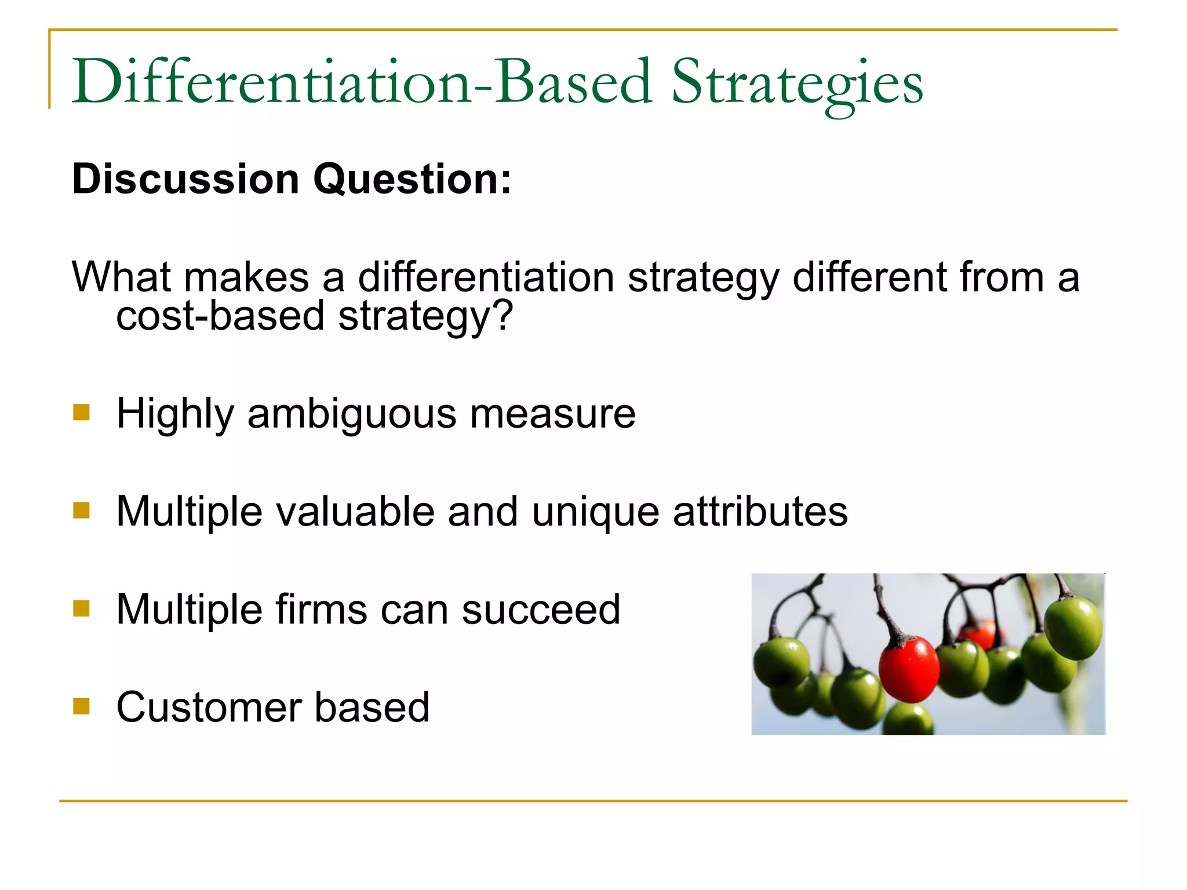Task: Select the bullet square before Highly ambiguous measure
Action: (x=82, y=412)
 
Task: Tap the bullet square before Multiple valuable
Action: (x=82, y=510)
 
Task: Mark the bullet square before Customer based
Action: (x=82, y=706)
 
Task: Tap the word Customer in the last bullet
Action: (x=209, y=707)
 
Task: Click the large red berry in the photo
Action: (x=908, y=669)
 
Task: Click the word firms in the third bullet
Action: (x=321, y=610)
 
